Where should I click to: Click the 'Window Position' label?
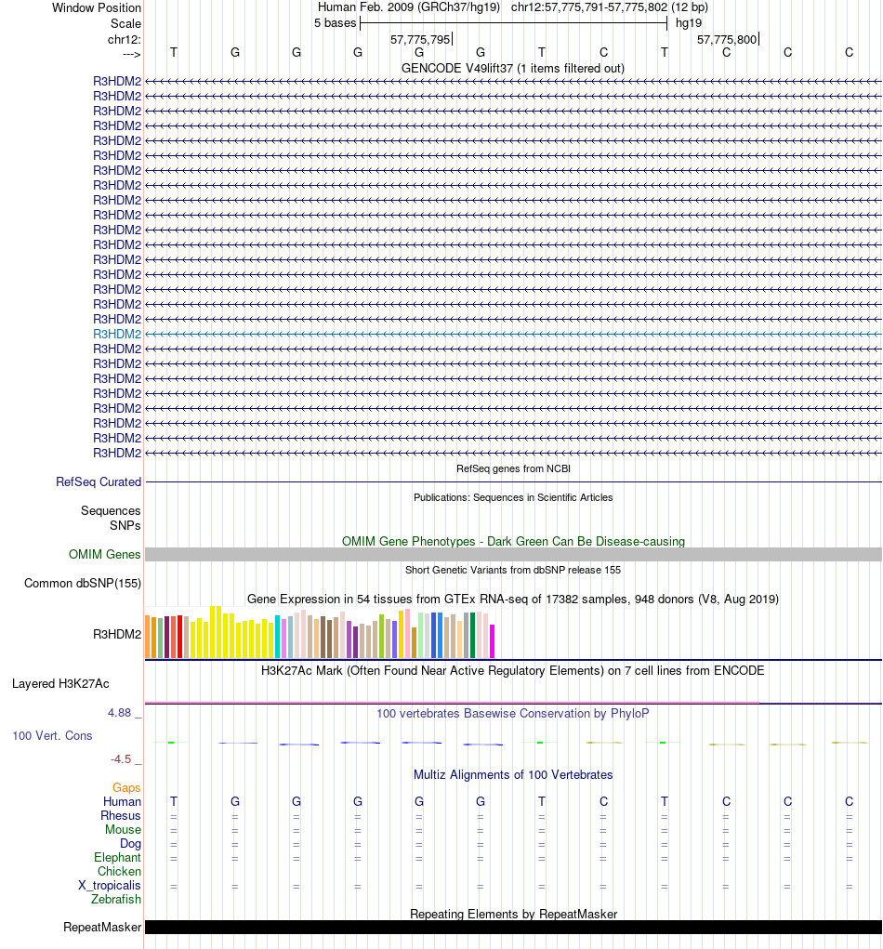pos(97,7)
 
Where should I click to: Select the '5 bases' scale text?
pos(335,22)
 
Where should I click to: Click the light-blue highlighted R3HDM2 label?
pos(117,334)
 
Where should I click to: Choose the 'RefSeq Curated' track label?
pos(99,482)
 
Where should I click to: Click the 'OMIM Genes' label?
pos(105,555)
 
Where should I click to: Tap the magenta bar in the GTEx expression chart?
pos(493,641)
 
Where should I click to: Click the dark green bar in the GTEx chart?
pos(473,636)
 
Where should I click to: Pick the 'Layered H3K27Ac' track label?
pos(60,684)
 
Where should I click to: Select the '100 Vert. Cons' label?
pos(52,736)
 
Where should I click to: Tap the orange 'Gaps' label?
pos(126,788)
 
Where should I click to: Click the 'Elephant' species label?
pos(117,858)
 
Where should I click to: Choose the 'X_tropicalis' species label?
pos(110,886)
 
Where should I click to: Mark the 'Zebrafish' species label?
pos(116,900)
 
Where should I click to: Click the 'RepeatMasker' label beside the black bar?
pos(102,928)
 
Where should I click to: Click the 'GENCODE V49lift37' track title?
pos(512,68)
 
